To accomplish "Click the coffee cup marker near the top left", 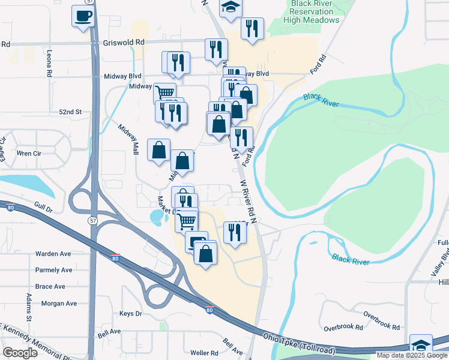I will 83,16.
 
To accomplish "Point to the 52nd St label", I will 70,112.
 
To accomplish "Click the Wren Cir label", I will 28,154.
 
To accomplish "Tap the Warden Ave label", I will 53,254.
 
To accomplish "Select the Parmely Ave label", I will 53,270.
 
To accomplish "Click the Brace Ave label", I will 50,287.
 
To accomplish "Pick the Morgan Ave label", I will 59,304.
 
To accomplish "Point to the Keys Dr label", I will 130,314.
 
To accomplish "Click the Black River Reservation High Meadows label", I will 315,12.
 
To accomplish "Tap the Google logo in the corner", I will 20,353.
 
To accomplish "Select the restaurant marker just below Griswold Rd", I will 216,50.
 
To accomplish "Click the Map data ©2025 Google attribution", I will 412,355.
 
